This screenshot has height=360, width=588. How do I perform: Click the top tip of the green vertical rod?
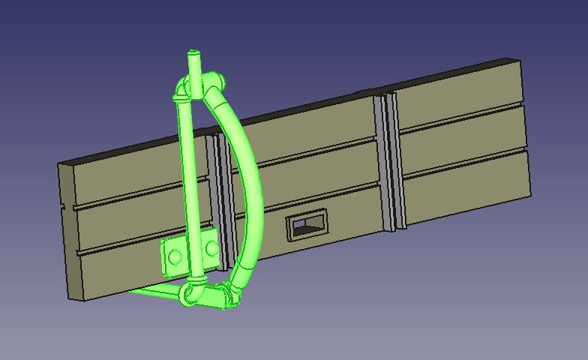193,53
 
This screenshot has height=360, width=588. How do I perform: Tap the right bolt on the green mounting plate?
212,247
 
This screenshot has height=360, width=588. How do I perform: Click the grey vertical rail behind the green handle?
219,195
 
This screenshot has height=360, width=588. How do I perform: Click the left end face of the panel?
68,232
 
